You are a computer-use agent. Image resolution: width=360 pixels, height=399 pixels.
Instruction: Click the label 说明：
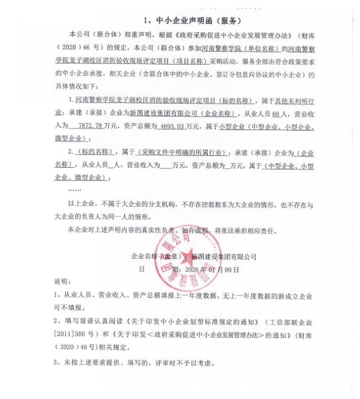tap(62, 281)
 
